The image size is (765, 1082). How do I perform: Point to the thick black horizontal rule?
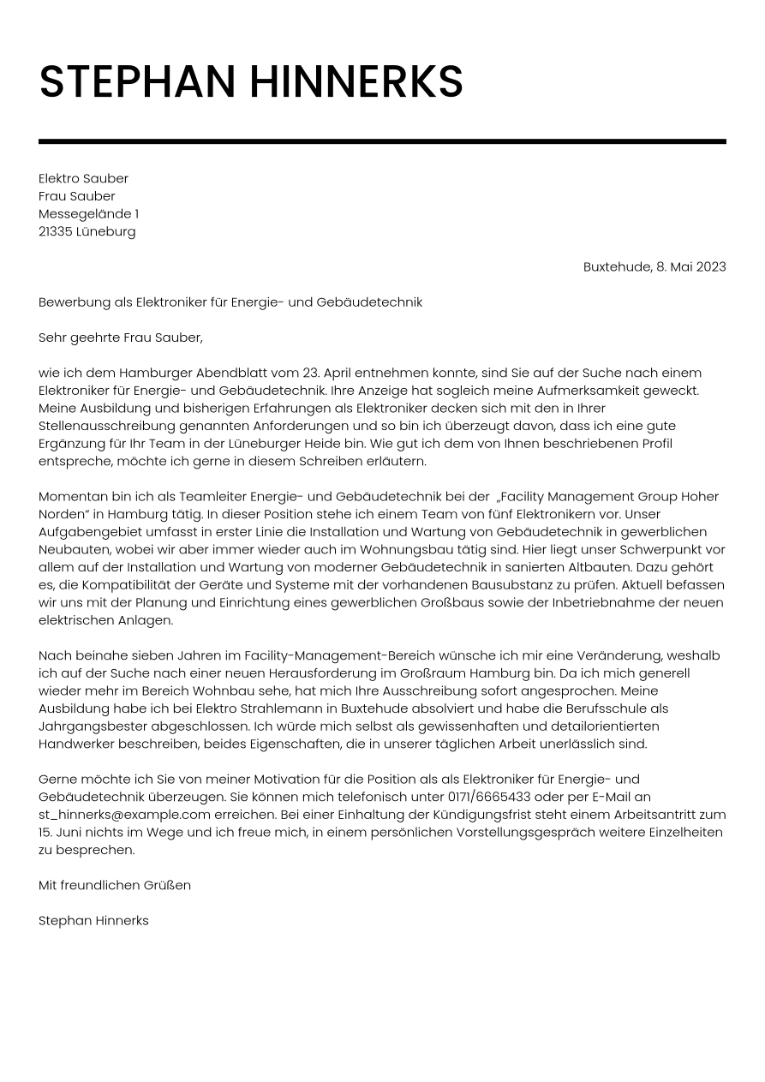382,141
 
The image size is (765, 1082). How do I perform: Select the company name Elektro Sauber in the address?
83,178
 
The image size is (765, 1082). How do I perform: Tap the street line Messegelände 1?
88,213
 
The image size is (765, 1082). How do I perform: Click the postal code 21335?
55,231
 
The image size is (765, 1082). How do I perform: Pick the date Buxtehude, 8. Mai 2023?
654,266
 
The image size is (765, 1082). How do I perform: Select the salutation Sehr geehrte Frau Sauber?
121,338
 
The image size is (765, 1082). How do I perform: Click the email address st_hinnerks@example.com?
124,815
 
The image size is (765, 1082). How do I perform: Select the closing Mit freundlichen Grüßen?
115,885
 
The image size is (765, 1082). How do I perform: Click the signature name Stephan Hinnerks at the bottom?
93,920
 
